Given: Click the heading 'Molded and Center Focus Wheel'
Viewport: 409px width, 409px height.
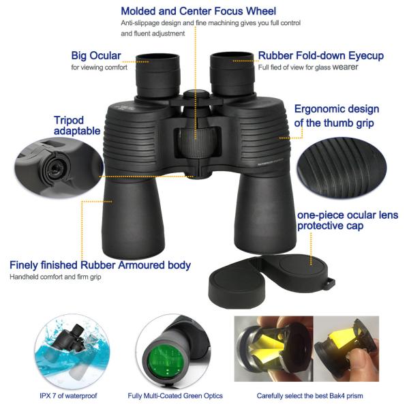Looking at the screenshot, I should click(198, 11).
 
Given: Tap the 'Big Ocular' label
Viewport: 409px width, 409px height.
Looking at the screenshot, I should click(95, 55).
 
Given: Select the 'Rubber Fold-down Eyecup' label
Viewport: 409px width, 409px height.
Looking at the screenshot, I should click(320, 55).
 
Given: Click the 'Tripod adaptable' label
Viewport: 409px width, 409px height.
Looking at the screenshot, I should click(77, 125).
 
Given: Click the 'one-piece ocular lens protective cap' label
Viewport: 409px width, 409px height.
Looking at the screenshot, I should click(347, 220).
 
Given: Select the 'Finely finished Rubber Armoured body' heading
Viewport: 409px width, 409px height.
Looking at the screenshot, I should click(100, 264).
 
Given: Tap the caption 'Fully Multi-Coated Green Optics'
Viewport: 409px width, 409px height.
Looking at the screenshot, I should click(175, 395).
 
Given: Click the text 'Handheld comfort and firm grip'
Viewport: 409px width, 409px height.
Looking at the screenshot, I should click(56, 277).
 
